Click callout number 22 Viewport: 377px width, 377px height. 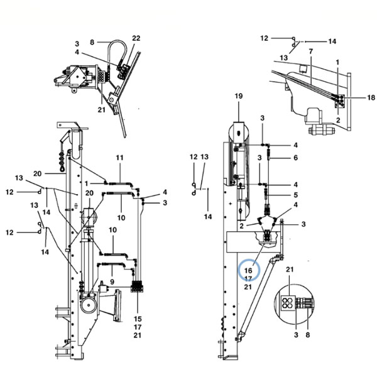click(x=136, y=38)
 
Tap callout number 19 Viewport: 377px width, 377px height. click(x=239, y=96)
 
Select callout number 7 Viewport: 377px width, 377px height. click(x=311, y=52)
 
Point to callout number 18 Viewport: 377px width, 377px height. click(x=371, y=97)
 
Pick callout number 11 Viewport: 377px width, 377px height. click(x=119, y=158)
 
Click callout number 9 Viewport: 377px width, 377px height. click(x=112, y=281)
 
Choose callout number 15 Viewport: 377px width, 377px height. click(x=138, y=319)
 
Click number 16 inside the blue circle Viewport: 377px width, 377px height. click(x=248, y=270)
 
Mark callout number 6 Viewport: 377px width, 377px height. click(x=295, y=158)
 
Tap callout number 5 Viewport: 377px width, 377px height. click(x=295, y=195)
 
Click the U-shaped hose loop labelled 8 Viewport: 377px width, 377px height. click(x=117, y=41)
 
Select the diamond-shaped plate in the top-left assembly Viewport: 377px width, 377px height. click(x=78, y=77)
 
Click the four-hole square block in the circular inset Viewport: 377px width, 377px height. click(x=288, y=303)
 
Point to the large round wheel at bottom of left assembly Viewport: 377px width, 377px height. click(x=89, y=305)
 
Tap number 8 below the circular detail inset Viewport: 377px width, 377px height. click(x=308, y=335)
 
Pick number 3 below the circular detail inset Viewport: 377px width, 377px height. click(x=296, y=335)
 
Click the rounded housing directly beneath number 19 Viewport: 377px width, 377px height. click(x=239, y=133)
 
